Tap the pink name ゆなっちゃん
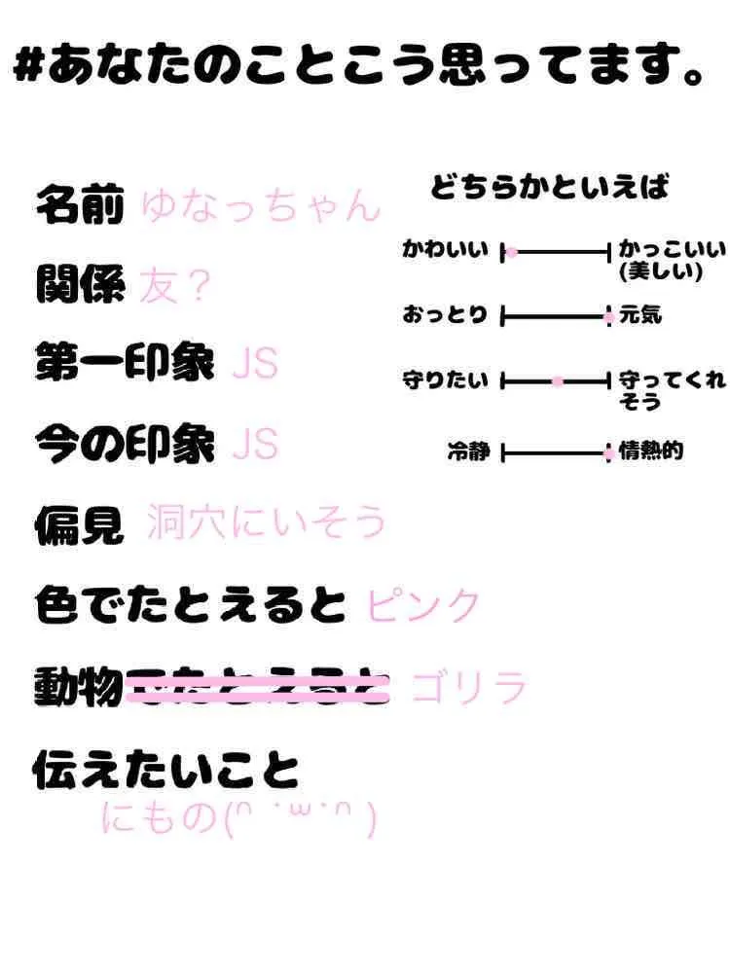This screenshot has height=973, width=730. tap(259, 207)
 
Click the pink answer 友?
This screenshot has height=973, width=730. tap(174, 286)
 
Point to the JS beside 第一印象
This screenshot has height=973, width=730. tap(255, 365)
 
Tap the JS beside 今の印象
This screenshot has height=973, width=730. tap(255, 446)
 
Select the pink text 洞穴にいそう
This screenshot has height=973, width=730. tap(266, 524)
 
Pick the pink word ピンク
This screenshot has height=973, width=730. tap(423, 606)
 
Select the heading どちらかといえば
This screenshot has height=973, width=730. tap(550, 187)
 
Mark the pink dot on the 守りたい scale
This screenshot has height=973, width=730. tap(558, 382)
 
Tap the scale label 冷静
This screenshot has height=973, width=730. tap(468, 452)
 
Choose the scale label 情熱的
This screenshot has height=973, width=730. tap(651, 450)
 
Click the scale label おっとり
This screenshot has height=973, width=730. tap(445, 316)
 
